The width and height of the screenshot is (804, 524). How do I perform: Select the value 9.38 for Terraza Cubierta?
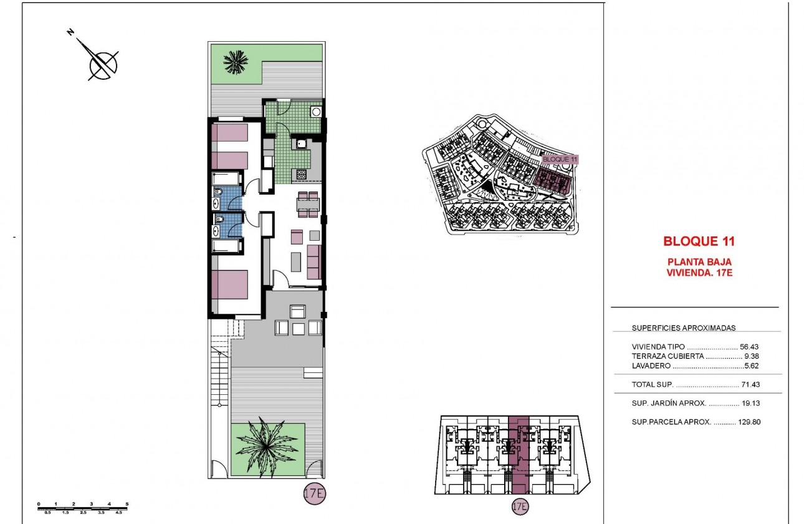(752, 356)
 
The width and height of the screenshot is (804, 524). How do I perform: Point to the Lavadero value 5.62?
(752, 366)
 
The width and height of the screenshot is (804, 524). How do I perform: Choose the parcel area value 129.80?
(750, 422)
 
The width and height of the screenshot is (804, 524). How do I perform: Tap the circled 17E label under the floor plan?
(315, 493)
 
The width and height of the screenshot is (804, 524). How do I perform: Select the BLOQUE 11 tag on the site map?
(560, 159)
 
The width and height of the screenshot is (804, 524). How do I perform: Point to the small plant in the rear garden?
(236, 61)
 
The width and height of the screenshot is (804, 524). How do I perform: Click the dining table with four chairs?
(308, 204)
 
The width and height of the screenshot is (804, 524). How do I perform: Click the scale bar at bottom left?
(83, 507)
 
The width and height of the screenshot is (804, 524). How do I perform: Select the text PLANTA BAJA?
(699, 262)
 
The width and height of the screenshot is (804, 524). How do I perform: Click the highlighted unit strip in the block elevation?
(519, 455)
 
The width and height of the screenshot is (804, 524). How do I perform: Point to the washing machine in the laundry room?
(316, 112)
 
